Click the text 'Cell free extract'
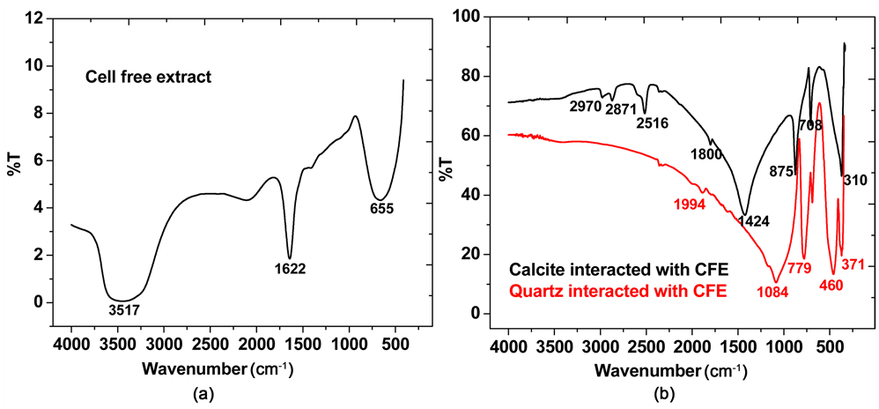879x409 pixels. pyautogui.click(x=149, y=77)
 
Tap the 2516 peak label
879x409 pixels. pyautogui.click(x=653, y=123)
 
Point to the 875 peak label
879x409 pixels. pyautogui.click(x=781, y=171)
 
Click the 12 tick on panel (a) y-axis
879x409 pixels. pyautogui.click(x=34, y=19)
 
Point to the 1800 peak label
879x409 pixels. pyautogui.click(x=707, y=154)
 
